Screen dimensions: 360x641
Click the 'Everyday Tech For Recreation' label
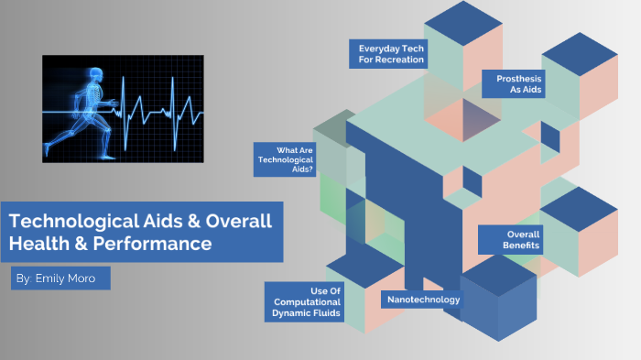[x=390, y=53]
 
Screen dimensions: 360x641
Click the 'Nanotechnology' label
[x=423, y=300]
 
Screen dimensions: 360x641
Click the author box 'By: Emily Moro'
[x=60, y=278]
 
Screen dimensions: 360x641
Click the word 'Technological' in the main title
[x=69, y=222]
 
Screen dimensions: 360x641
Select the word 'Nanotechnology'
[x=423, y=300]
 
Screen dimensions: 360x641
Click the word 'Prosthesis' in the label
[x=518, y=79]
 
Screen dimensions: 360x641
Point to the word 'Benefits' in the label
[x=520, y=245]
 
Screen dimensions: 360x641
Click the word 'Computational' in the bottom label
[x=306, y=301]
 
